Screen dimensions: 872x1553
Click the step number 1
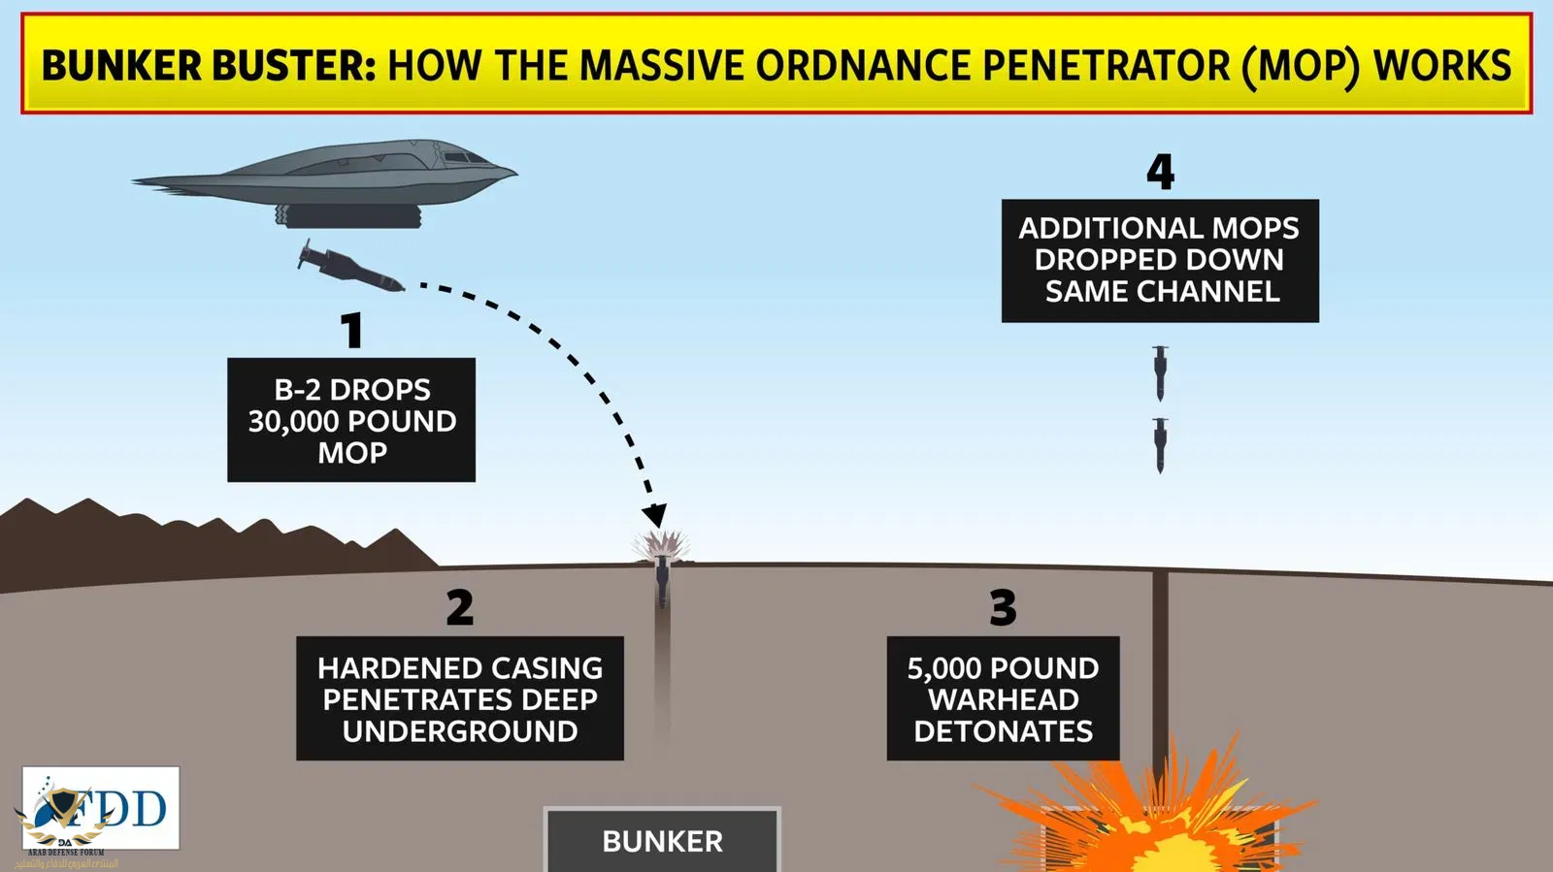(351, 331)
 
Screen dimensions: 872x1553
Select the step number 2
(459, 608)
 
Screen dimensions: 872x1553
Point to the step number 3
(1003, 608)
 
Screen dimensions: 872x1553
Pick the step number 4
(1160, 173)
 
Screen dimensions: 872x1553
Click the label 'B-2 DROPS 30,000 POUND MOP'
(351, 420)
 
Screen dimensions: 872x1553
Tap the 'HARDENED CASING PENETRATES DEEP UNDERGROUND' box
(459, 698)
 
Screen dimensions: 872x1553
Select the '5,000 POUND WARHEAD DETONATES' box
(1003, 698)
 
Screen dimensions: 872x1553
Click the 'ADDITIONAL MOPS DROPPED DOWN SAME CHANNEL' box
(1160, 260)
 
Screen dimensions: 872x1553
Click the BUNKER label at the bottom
(662, 840)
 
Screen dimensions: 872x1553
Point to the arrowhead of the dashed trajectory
(655, 515)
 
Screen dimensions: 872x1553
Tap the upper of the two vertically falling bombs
(1160, 373)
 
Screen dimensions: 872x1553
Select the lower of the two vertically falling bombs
(1160, 445)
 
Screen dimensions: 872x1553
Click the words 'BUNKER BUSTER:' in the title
(208, 66)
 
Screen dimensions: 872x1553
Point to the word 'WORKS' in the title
(1442, 66)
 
